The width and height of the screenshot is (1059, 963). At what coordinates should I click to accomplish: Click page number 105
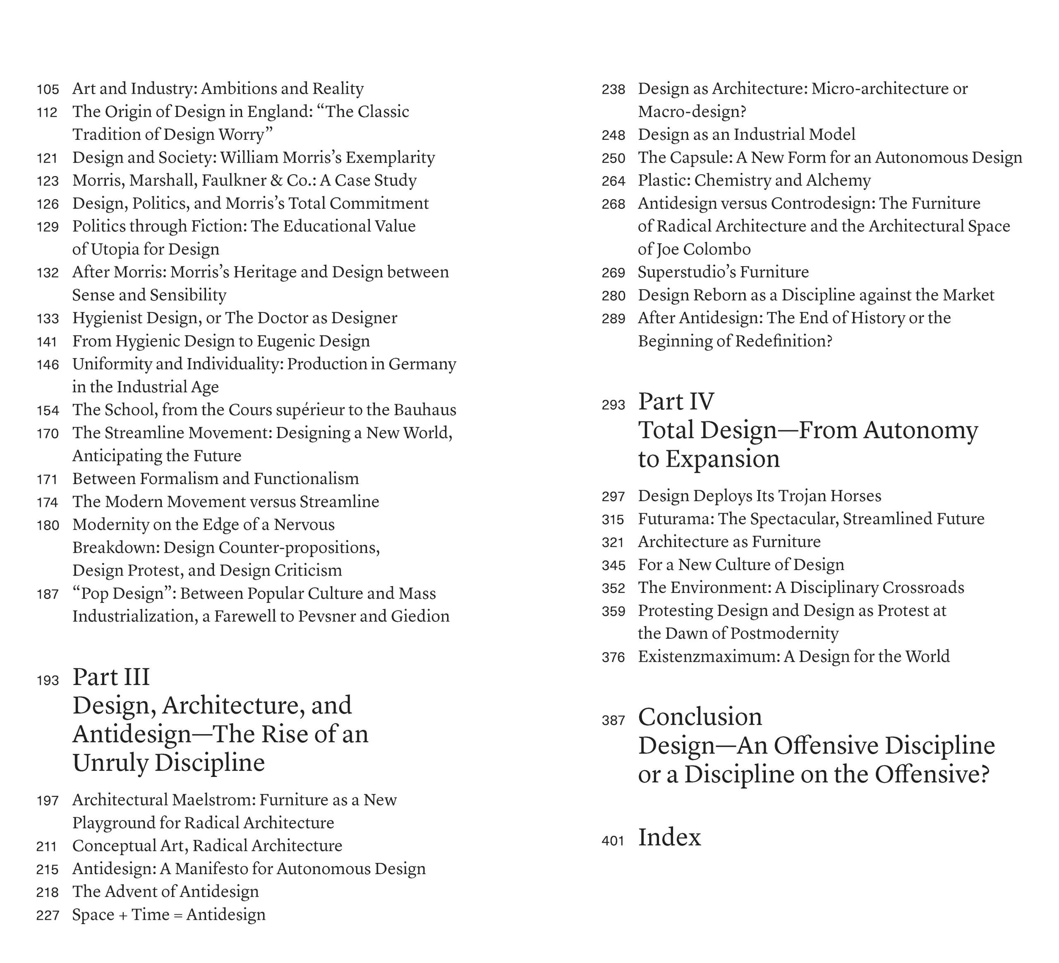coord(48,89)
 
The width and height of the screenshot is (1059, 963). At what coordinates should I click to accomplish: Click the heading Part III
coord(111,677)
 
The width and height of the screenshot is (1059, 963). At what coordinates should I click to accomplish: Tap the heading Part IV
coord(676,402)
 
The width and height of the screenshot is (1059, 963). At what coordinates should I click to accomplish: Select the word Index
coord(669,837)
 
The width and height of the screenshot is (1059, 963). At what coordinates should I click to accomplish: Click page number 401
coord(613,841)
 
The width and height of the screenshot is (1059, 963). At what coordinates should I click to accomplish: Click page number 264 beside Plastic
coord(613,181)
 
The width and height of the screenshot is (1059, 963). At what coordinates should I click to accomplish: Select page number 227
coord(48,916)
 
